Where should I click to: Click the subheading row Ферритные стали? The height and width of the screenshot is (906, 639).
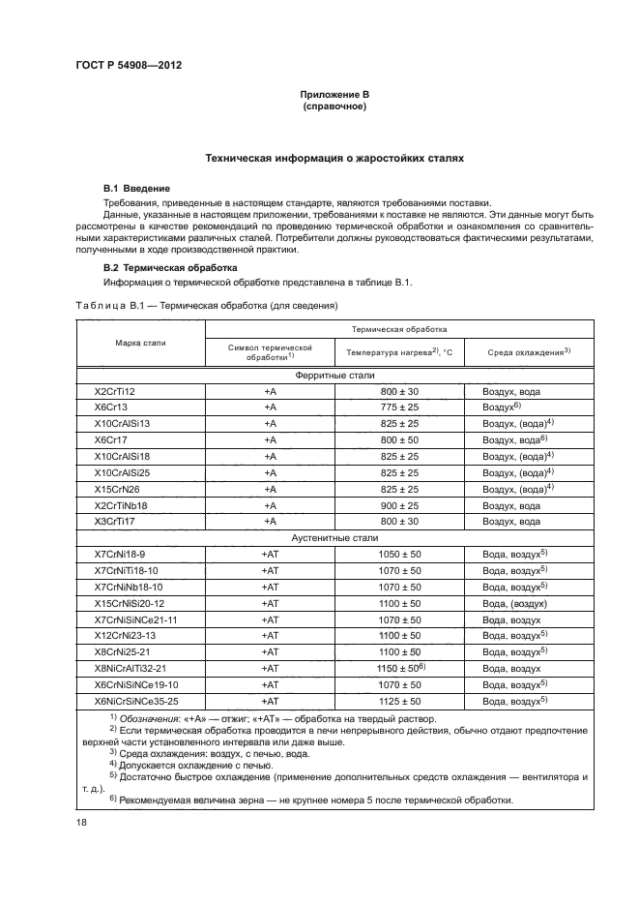coord(334,375)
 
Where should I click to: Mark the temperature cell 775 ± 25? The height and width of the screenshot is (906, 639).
coord(398,407)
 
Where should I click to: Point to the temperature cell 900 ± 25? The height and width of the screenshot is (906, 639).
coord(398,504)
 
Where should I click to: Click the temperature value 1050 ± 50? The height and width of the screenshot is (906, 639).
coord(398,553)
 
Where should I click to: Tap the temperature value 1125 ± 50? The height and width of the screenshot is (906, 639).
coord(398,700)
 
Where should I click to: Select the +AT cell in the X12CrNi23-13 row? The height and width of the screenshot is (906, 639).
coord(270,635)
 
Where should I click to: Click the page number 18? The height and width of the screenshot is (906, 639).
coord(81,821)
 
